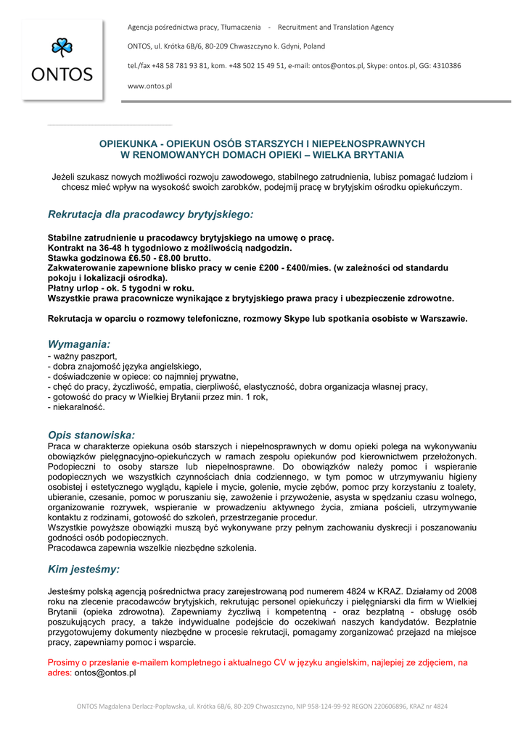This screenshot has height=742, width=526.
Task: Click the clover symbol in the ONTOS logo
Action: pyautogui.click(x=62, y=49)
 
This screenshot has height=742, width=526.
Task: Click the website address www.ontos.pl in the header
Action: pyautogui.click(x=149, y=86)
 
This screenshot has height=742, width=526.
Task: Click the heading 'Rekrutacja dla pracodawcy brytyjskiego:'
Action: pyautogui.click(x=151, y=214)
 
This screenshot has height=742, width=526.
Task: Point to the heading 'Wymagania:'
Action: pyautogui.click(x=79, y=344)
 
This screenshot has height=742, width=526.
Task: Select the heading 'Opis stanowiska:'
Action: pyautogui.click(x=91, y=435)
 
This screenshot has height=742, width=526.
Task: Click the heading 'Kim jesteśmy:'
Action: pyautogui.click(x=84, y=569)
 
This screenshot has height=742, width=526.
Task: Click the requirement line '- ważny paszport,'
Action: pyautogui.click(x=83, y=357)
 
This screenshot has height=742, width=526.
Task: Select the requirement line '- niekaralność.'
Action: pyautogui.click(x=76, y=407)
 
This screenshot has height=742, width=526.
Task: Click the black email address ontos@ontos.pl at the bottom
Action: pyautogui.click(x=105, y=672)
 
